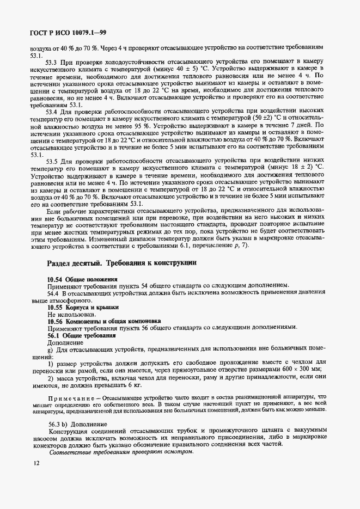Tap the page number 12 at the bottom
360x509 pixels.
click(x=36, y=463)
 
